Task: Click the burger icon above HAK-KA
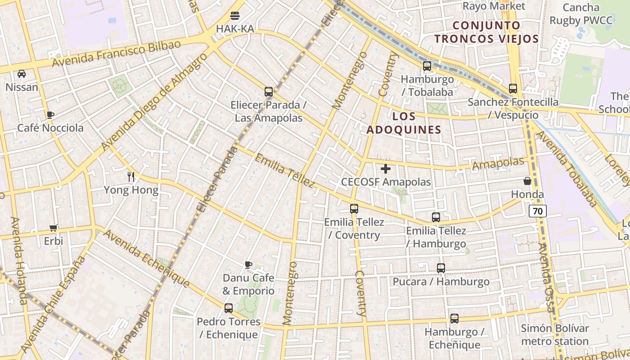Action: [x=234, y=16]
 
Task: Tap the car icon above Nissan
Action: [x=22, y=74]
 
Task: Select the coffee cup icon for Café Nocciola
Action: [x=50, y=115]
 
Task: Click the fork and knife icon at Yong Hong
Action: [x=131, y=176]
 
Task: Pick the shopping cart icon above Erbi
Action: [x=54, y=228]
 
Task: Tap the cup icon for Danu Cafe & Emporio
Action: [x=248, y=264]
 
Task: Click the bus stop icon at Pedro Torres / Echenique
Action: [x=229, y=308]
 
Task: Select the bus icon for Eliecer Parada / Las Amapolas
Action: [x=269, y=92]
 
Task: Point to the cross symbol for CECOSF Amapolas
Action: [x=386, y=169]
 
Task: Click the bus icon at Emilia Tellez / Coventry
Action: [x=354, y=209]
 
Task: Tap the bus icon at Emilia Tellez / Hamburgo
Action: [x=436, y=217]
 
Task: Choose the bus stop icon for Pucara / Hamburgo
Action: [x=441, y=268]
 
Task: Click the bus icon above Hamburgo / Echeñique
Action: [x=454, y=319]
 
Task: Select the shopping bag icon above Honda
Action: [x=527, y=181]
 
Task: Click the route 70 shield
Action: [x=537, y=211]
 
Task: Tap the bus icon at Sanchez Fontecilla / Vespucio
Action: [x=513, y=89]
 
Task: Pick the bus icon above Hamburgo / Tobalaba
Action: [x=427, y=66]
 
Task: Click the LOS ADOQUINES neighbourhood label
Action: [x=404, y=123]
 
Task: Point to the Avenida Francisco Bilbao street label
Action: [x=116, y=54]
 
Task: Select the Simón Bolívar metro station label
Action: [x=555, y=334]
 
